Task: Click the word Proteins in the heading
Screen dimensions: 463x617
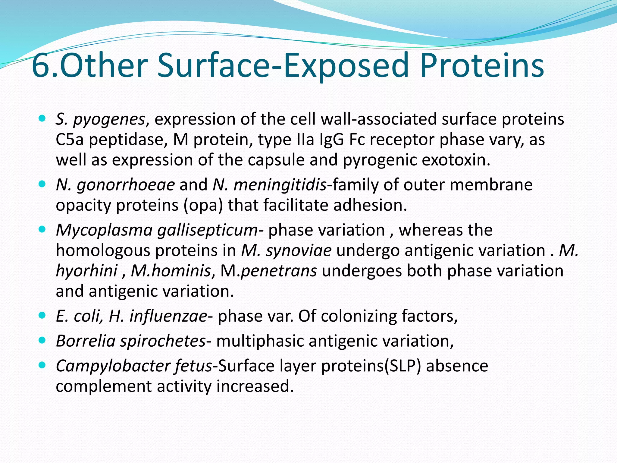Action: (x=482, y=65)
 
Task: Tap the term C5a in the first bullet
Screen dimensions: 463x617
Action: (x=70, y=140)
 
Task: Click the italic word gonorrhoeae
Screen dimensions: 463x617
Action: (x=126, y=185)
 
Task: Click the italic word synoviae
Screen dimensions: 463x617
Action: (x=299, y=250)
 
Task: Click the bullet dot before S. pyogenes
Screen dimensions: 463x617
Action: (x=42, y=118)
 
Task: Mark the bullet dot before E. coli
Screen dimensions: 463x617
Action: (x=42, y=315)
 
